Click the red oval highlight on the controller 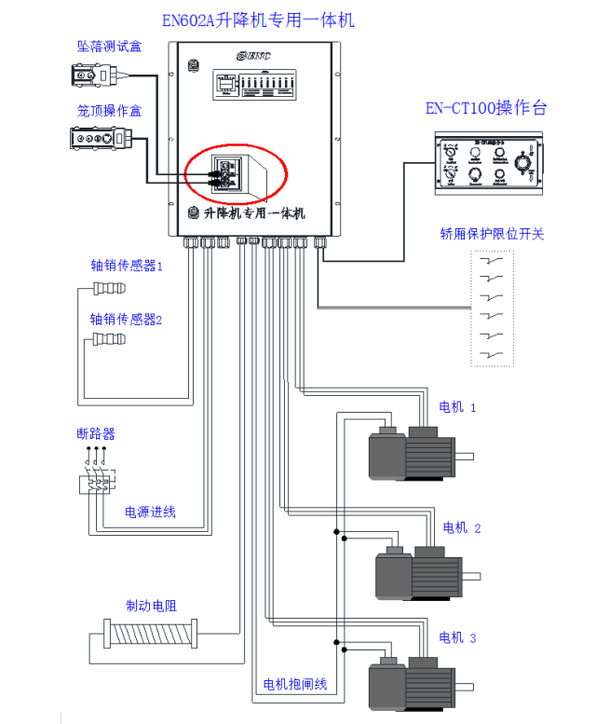(x=237, y=173)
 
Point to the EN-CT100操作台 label (x=486, y=108)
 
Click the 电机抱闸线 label (x=295, y=685)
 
